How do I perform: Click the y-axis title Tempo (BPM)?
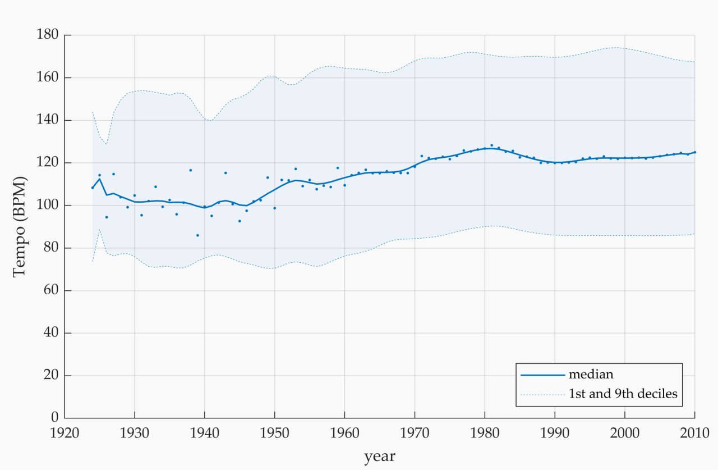tap(20, 226)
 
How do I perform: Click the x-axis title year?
tap(380, 456)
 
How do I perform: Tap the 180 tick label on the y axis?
tap(48, 34)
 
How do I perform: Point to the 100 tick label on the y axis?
tap(48, 205)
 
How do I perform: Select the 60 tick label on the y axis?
tap(51, 290)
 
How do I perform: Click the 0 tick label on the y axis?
tap(55, 417)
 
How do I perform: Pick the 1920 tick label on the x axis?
tap(65, 433)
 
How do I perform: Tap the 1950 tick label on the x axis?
tap(274, 433)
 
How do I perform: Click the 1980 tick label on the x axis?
tap(485, 433)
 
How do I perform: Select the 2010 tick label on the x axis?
tap(694, 433)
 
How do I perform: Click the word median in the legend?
tap(591, 375)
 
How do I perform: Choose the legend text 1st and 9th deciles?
tap(623, 394)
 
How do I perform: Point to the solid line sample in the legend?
tap(542, 375)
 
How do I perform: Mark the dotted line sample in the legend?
tap(542, 395)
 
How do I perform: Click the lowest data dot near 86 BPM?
tap(197, 235)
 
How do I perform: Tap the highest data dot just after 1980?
tap(492, 145)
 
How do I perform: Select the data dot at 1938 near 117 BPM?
tap(190, 170)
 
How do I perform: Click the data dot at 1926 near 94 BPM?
tap(107, 217)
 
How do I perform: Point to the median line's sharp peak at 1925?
tap(100, 179)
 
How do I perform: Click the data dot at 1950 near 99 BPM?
tap(274, 208)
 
